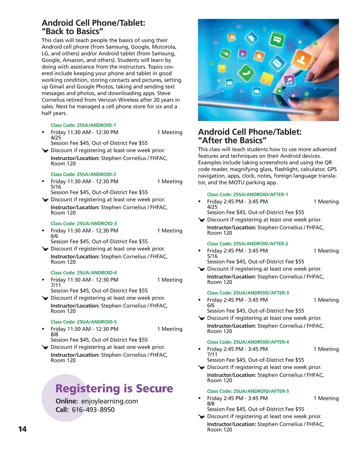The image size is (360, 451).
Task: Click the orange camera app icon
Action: point(231,37)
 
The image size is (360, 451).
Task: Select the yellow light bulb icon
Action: point(267,79)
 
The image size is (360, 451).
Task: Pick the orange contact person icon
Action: point(302,59)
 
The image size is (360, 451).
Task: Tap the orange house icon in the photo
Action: point(259,56)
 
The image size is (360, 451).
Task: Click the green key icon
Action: point(226,54)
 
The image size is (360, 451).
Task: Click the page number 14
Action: point(22,429)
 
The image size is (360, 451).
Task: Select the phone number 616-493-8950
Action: point(93,410)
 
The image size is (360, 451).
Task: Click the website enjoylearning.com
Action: point(109,401)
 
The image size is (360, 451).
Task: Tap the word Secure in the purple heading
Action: point(154,389)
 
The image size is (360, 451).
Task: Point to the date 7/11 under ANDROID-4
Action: point(56,285)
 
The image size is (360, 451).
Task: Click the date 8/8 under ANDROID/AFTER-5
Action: point(211,404)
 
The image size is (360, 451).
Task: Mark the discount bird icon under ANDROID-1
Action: point(45,151)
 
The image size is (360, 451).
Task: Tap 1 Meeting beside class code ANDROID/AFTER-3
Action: point(326,300)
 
